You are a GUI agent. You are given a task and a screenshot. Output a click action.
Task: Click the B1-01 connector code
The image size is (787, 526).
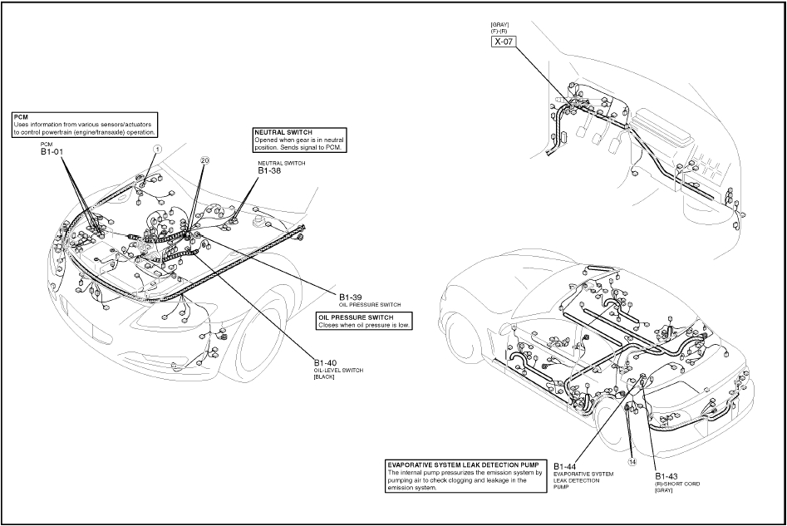pos(52,152)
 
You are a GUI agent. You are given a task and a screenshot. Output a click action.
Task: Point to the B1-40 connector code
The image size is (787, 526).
pos(326,362)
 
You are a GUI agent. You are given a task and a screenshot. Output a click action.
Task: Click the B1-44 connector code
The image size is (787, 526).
pos(567,465)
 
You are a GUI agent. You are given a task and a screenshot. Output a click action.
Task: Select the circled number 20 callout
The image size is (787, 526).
pos(205,160)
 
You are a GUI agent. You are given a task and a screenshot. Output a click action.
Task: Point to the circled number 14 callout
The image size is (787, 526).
pos(632,462)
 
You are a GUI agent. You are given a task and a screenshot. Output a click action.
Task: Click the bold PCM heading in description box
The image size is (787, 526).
pos(21,117)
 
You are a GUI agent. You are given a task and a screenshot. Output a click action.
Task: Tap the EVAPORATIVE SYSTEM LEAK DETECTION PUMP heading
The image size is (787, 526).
pos(462,465)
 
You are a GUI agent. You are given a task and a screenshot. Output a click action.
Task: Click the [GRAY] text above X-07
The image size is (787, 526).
pos(500,24)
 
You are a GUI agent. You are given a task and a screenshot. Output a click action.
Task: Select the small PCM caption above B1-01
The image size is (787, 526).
pos(47,143)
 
